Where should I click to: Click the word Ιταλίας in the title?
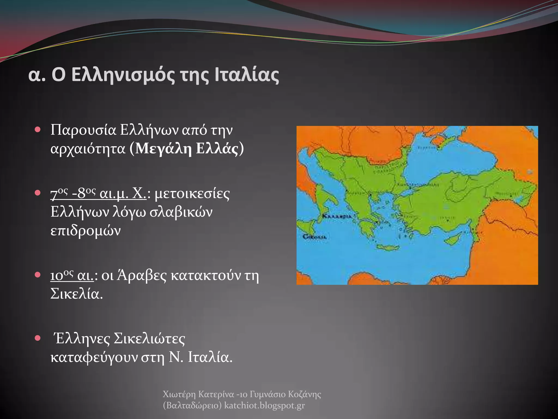(x=247, y=75)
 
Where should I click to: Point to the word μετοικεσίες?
(x=192, y=194)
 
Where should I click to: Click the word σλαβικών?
(x=181, y=212)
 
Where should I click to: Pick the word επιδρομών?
(x=86, y=231)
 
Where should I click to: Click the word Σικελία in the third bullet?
(x=77, y=294)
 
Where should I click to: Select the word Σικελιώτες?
(x=149, y=339)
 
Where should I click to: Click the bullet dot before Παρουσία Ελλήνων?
(x=38, y=129)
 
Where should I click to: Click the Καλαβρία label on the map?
(x=337, y=216)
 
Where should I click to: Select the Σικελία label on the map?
(x=314, y=237)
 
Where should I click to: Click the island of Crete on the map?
(x=388, y=248)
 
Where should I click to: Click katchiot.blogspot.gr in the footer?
(x=264, y=406)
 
